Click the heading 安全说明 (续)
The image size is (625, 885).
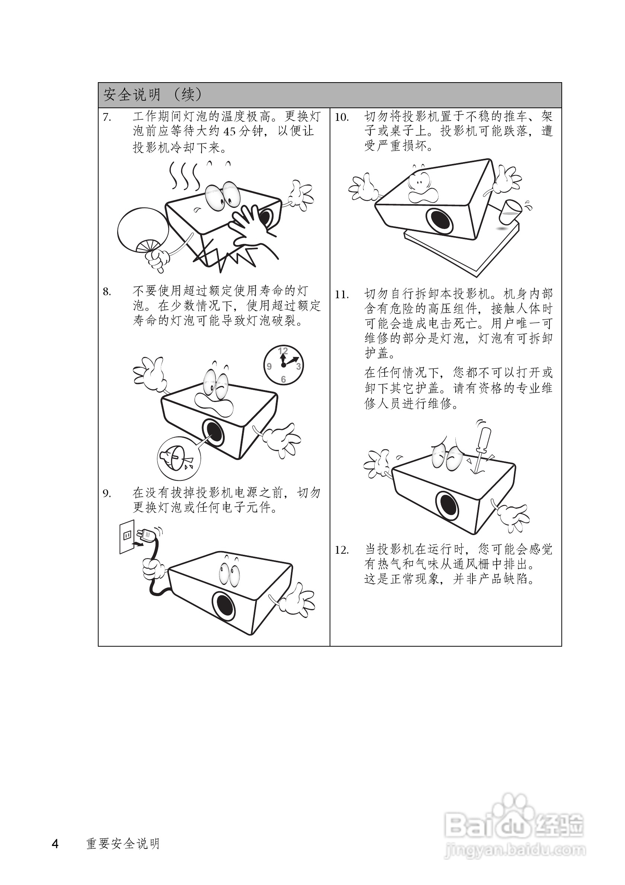point(152,94)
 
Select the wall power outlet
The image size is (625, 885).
point(127,537)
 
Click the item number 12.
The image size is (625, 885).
point(342,550)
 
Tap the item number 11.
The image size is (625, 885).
point(342,295)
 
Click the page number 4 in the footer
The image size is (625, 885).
point(55,844)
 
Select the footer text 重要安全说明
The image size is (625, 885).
point(123,844)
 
